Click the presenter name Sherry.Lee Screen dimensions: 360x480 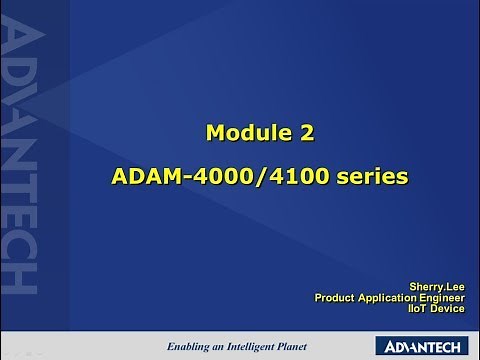(x=438, y=284)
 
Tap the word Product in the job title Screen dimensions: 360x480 (x=338, y=296)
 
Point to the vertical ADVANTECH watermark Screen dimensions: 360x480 (x=21, y=160)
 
